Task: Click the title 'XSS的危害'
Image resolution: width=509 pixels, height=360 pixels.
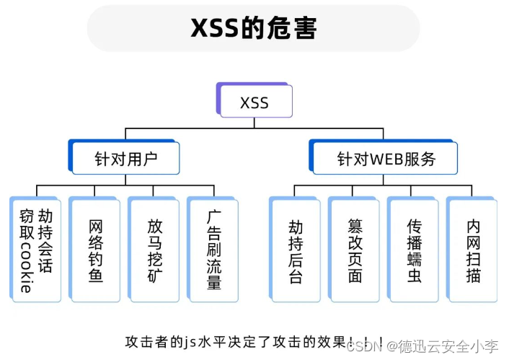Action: pos(254,28)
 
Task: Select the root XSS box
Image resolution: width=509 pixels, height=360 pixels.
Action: pos(254,102)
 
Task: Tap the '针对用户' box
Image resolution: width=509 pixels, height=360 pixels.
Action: pos(125,158)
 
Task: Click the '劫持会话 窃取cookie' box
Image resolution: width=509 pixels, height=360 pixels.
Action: pos(36,250)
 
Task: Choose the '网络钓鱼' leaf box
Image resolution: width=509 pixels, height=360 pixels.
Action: pos(95,250)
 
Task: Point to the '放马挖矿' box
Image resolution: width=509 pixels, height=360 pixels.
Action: pos(154,250)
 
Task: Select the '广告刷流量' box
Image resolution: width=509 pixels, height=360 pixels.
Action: pos(213,250)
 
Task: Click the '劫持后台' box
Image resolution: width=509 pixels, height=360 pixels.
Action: pos(296,250)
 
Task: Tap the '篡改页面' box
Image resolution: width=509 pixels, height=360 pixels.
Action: pos(355,250)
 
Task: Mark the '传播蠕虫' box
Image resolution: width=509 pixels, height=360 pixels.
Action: pos(414,250)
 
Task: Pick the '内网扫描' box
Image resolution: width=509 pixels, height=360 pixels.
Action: pos(473,250)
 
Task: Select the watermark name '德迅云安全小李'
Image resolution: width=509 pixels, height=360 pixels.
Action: pos(441,346)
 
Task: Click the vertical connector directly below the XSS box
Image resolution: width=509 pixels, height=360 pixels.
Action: pos(254,123)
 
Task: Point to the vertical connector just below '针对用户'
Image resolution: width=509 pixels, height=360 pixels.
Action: pos(125,180)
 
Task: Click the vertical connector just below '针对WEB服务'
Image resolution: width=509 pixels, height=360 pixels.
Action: pos(384,180)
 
